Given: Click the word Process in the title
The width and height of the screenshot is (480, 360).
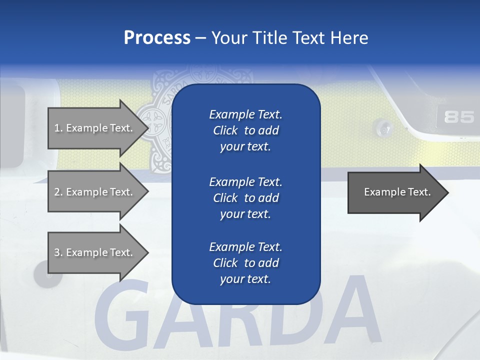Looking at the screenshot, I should point(157,37).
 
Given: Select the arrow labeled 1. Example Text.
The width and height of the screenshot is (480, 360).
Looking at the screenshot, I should point(95,128).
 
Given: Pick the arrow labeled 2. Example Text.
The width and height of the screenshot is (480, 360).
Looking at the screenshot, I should point(95,192).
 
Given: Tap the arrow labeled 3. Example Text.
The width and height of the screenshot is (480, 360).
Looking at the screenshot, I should point(95,252).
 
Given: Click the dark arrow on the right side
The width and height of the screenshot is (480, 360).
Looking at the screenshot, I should point(395,192).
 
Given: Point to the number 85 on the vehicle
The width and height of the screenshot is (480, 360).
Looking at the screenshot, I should point(458,117).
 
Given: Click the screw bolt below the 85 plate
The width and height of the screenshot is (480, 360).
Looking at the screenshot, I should point(384,129).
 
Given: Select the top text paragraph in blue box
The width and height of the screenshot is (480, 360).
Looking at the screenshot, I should point(245,130).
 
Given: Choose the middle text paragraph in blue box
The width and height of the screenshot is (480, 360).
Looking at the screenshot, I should point(245,198).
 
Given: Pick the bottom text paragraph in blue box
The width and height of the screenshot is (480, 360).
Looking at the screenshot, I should point(245,263).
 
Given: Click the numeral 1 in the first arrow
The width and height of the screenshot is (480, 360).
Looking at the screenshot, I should point(56,128).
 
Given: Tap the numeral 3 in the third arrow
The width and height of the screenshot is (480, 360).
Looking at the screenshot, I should point(56,252).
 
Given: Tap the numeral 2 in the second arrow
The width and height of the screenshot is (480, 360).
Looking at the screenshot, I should point(56,192).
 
